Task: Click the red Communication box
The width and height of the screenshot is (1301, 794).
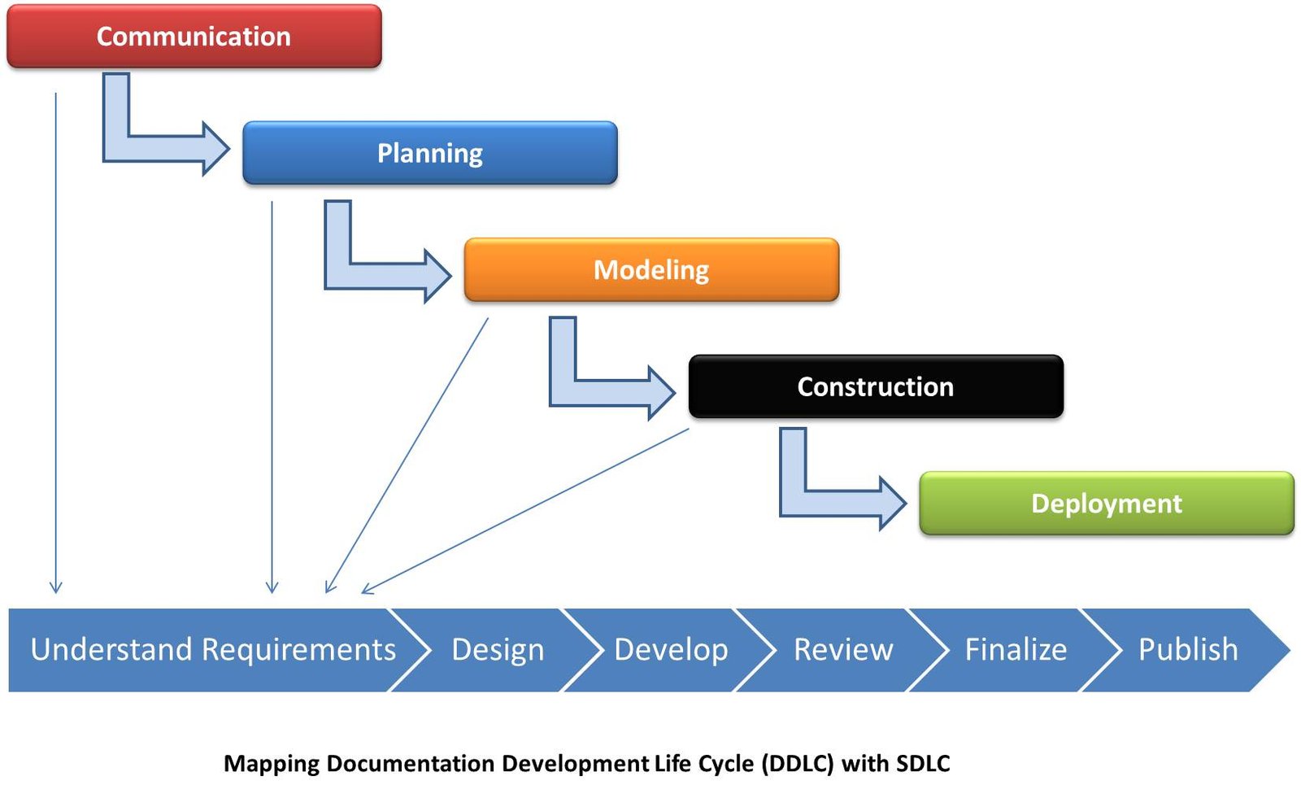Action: (194, 37)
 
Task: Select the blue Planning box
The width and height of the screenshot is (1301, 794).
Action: (429, 153)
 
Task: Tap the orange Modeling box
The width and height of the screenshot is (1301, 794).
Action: (650, 269)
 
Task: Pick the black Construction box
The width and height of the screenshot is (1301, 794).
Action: (875, 386)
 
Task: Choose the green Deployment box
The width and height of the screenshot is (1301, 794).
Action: (1106, 504)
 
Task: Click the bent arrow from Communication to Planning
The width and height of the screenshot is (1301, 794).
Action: (163, 148)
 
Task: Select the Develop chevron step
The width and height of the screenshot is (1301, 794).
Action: (671, 650)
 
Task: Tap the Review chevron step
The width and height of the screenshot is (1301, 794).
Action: (843, 650)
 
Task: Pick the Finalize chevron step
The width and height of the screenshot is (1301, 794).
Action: (1016, 650)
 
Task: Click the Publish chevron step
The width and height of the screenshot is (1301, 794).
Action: (1188, 650)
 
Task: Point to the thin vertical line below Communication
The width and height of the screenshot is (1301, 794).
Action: (55, 342)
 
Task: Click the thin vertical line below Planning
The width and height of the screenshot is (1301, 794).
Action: (272, 399)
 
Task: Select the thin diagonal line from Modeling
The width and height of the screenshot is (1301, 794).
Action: (407, 456)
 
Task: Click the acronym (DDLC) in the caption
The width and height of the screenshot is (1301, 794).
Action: (797, 764)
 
